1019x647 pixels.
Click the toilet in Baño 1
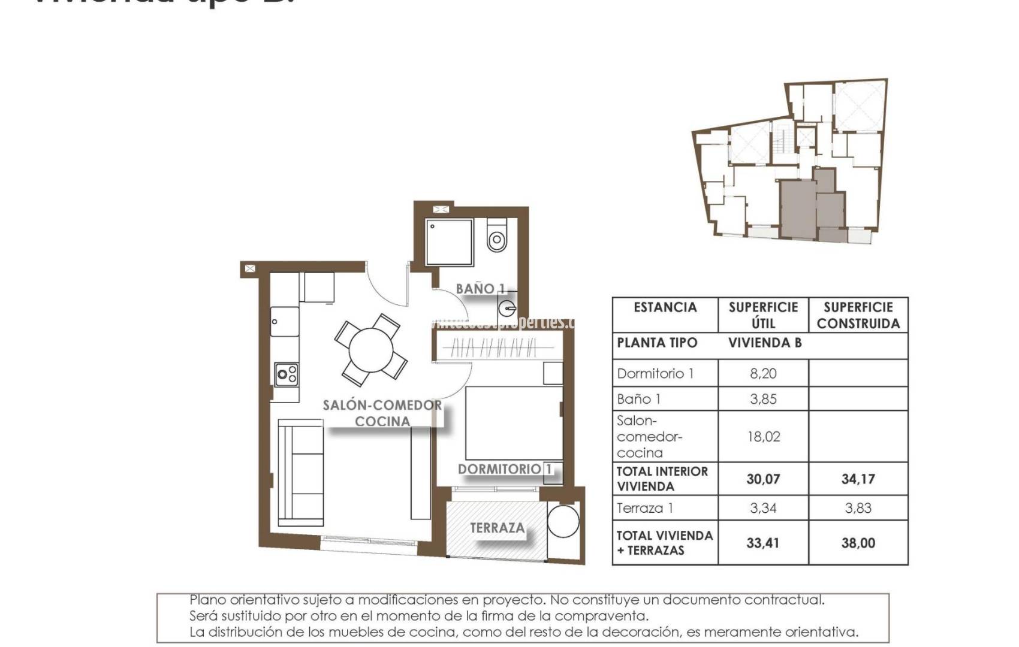coord(497,237)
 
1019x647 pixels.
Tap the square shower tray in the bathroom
coord(450,242)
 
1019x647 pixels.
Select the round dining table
coord(371,350)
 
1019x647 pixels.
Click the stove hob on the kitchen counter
coord(287,375)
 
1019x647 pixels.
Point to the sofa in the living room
coord(300,472)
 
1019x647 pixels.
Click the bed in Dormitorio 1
coord(514,422)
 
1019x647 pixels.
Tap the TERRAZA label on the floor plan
coord(497,528)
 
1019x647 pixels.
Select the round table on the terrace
coord(563,521)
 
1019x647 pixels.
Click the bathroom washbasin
coord(507,309)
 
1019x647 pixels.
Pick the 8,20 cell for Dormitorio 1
coord(762,374)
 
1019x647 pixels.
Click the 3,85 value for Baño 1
coord(762,399)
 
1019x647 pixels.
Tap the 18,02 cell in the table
coord(762,437)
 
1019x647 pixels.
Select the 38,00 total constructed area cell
coord(858,543)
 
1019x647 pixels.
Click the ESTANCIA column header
coord(665,308)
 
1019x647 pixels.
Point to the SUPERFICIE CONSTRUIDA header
coord(858,315)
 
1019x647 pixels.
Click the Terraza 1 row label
coord(645,509)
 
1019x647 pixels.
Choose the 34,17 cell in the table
coord(858,479)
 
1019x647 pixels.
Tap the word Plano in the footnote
coord(207,600)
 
